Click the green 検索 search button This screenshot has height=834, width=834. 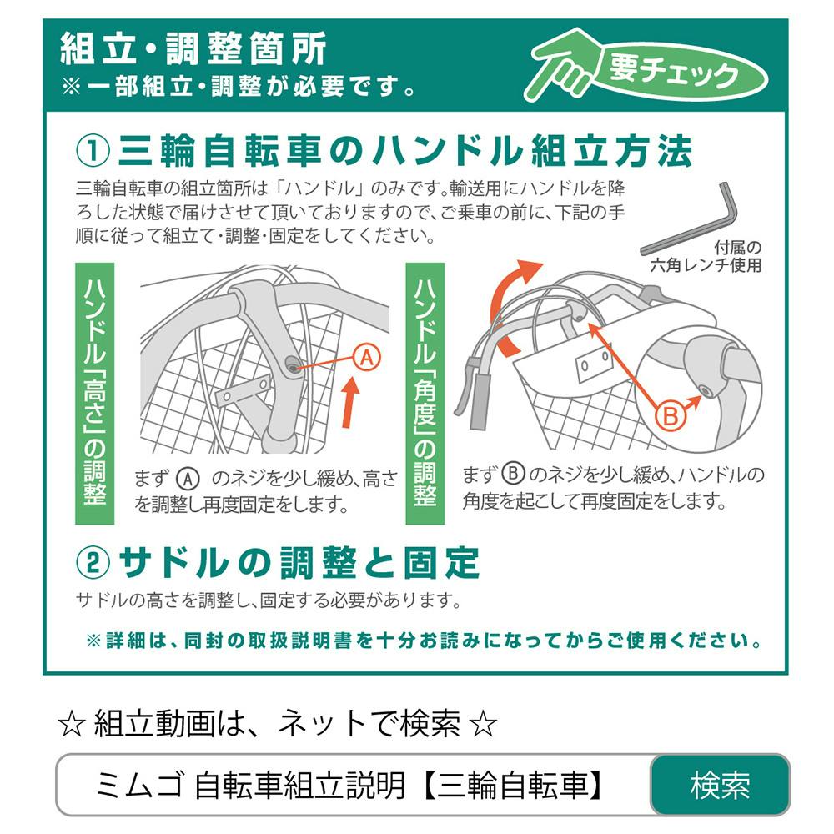click(x=719, y=785)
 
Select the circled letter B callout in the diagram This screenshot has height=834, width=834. click(x=671, y=414)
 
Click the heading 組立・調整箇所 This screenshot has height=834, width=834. click(x=193, y=50)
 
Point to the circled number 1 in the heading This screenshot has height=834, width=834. click(x=93, y=152)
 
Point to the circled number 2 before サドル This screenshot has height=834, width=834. click(x=93, y=563)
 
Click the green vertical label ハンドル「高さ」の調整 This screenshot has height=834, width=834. click(x=94, y=393)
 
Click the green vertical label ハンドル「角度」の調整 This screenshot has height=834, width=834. click(x=425, y=393)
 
